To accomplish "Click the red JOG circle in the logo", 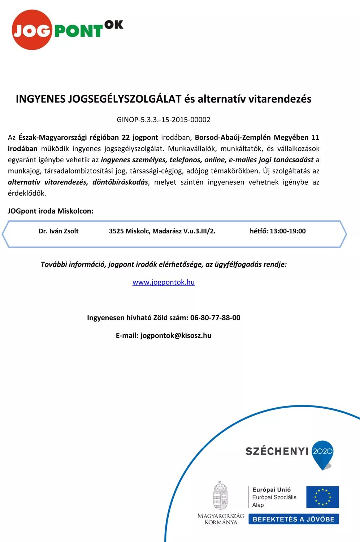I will click(31, 30).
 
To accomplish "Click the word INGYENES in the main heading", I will click(40, 99).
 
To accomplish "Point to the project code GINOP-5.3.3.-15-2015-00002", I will click(163, 120).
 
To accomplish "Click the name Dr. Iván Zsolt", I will click(58, 231).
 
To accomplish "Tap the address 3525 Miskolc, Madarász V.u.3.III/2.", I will click(162, 231).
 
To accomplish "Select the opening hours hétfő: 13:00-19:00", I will click(278, 231).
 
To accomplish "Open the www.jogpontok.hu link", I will click(164, 282).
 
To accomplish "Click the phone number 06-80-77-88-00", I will click(215, 318).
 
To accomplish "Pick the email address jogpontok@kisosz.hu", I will click(176, 335).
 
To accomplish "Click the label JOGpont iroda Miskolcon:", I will click(51, 211).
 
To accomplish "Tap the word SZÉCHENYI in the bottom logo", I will click(277, 451).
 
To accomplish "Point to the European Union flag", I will click(322, 497).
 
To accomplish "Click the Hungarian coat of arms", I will click(220, 495).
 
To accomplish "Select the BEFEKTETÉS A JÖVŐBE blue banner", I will click(294, 519).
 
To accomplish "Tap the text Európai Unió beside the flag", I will click(272, 490).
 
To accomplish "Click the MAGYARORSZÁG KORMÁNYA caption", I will click(221, 519).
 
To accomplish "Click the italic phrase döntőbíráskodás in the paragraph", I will click(120, 182).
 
